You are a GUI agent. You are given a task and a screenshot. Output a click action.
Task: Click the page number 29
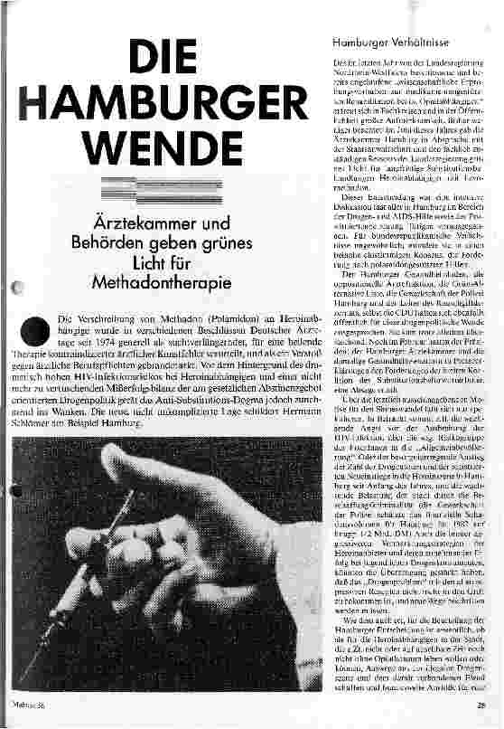(x=482, y=707)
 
